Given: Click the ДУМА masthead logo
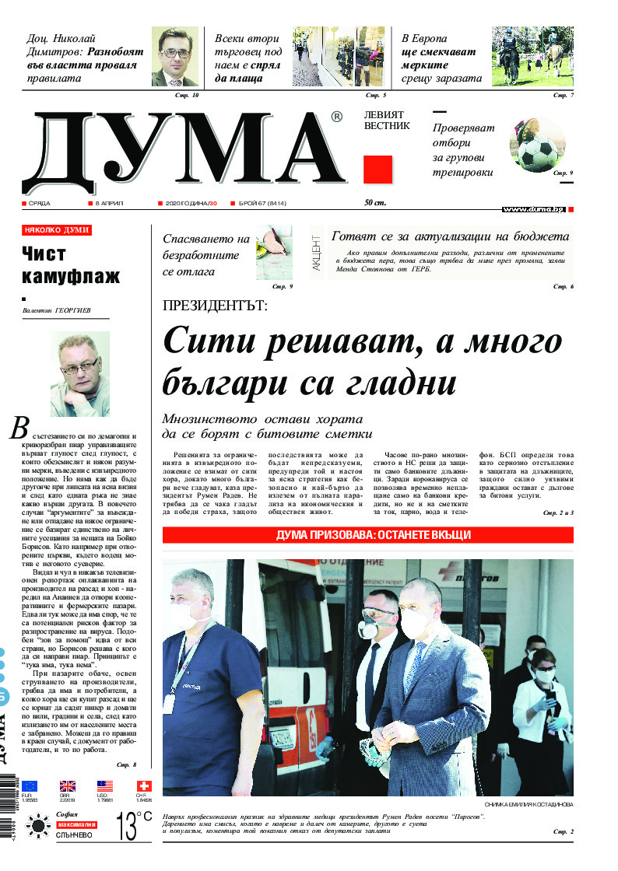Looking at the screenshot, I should pos(183,152).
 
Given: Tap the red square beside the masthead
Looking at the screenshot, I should pos(378,170).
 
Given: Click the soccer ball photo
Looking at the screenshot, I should pos(538,145).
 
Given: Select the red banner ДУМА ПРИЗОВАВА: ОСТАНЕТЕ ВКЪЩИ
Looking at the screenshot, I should pos(367,536).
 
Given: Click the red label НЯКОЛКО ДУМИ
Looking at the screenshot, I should pos(58,230).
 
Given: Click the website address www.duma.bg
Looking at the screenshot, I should pos(533,209).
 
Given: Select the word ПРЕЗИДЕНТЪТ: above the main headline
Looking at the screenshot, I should pos(214,306).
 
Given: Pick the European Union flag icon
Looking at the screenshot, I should pos(30,786).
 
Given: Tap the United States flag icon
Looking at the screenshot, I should pos(105,786).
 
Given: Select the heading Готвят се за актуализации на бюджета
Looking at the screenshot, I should pos(450,237).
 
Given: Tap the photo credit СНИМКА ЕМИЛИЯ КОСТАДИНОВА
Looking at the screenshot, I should pos(528,804).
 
